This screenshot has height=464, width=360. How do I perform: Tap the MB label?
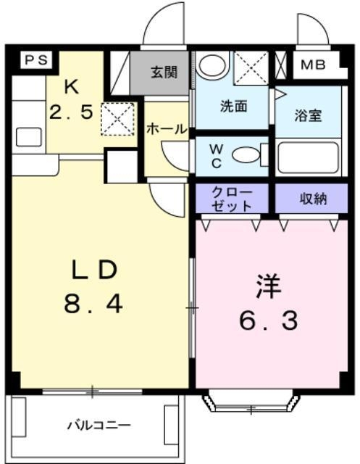click(x=313, y=65)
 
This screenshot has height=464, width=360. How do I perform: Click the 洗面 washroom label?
click(x=233, y=106)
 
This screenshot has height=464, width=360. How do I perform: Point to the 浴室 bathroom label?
click(x=308, y=114)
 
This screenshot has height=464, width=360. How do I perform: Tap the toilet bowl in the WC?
click(x=246, y=154)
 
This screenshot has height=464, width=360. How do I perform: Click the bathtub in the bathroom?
click(x=308, y=157)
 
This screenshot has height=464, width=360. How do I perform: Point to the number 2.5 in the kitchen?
click(x=71, y=112)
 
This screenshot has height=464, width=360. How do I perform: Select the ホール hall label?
click(x=167, y=129)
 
